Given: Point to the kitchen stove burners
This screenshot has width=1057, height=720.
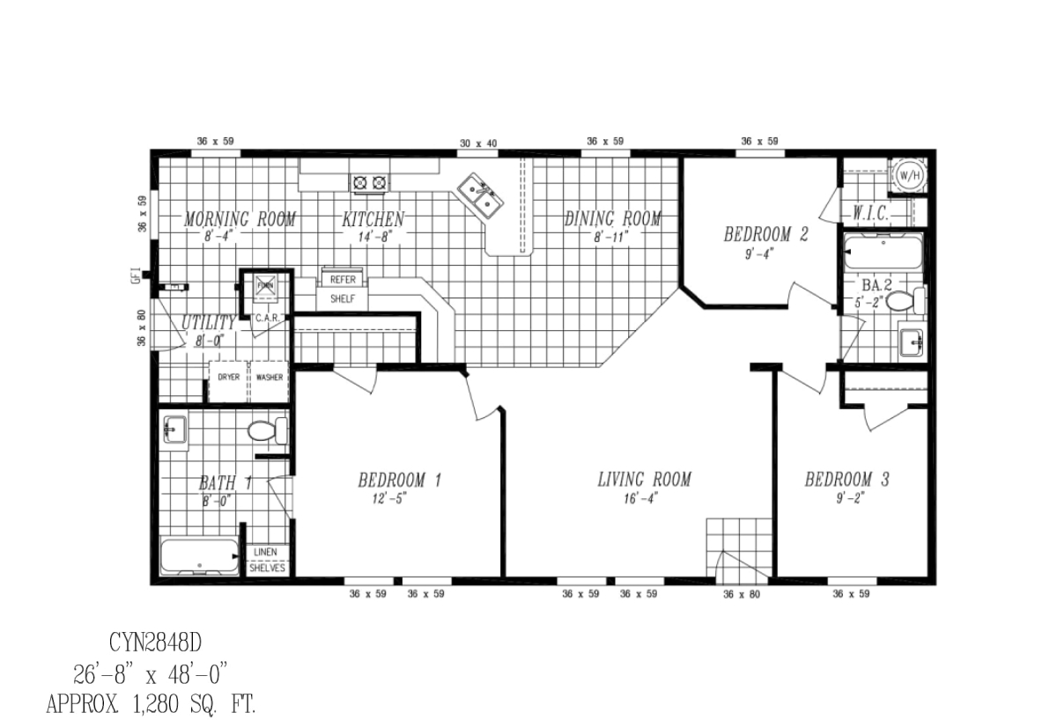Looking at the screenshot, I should point(370,183).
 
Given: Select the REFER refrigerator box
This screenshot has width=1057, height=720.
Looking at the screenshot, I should point(343,280).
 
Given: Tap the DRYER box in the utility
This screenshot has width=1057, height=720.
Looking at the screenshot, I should point(228,377).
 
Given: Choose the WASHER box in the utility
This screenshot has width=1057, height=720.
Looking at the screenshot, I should point(270,377).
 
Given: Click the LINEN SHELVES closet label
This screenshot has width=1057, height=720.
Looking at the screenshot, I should point(266,561).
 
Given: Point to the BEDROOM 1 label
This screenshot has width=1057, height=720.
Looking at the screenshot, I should point(399,481).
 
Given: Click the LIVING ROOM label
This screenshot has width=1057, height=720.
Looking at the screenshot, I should point(644,480).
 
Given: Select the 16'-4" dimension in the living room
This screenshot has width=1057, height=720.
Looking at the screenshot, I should point(644,498).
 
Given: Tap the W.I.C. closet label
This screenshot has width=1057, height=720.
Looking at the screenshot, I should point(869,214).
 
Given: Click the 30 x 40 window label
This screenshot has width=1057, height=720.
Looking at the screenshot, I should point(478,143).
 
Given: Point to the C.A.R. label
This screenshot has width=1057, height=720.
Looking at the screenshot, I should point(267,319).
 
